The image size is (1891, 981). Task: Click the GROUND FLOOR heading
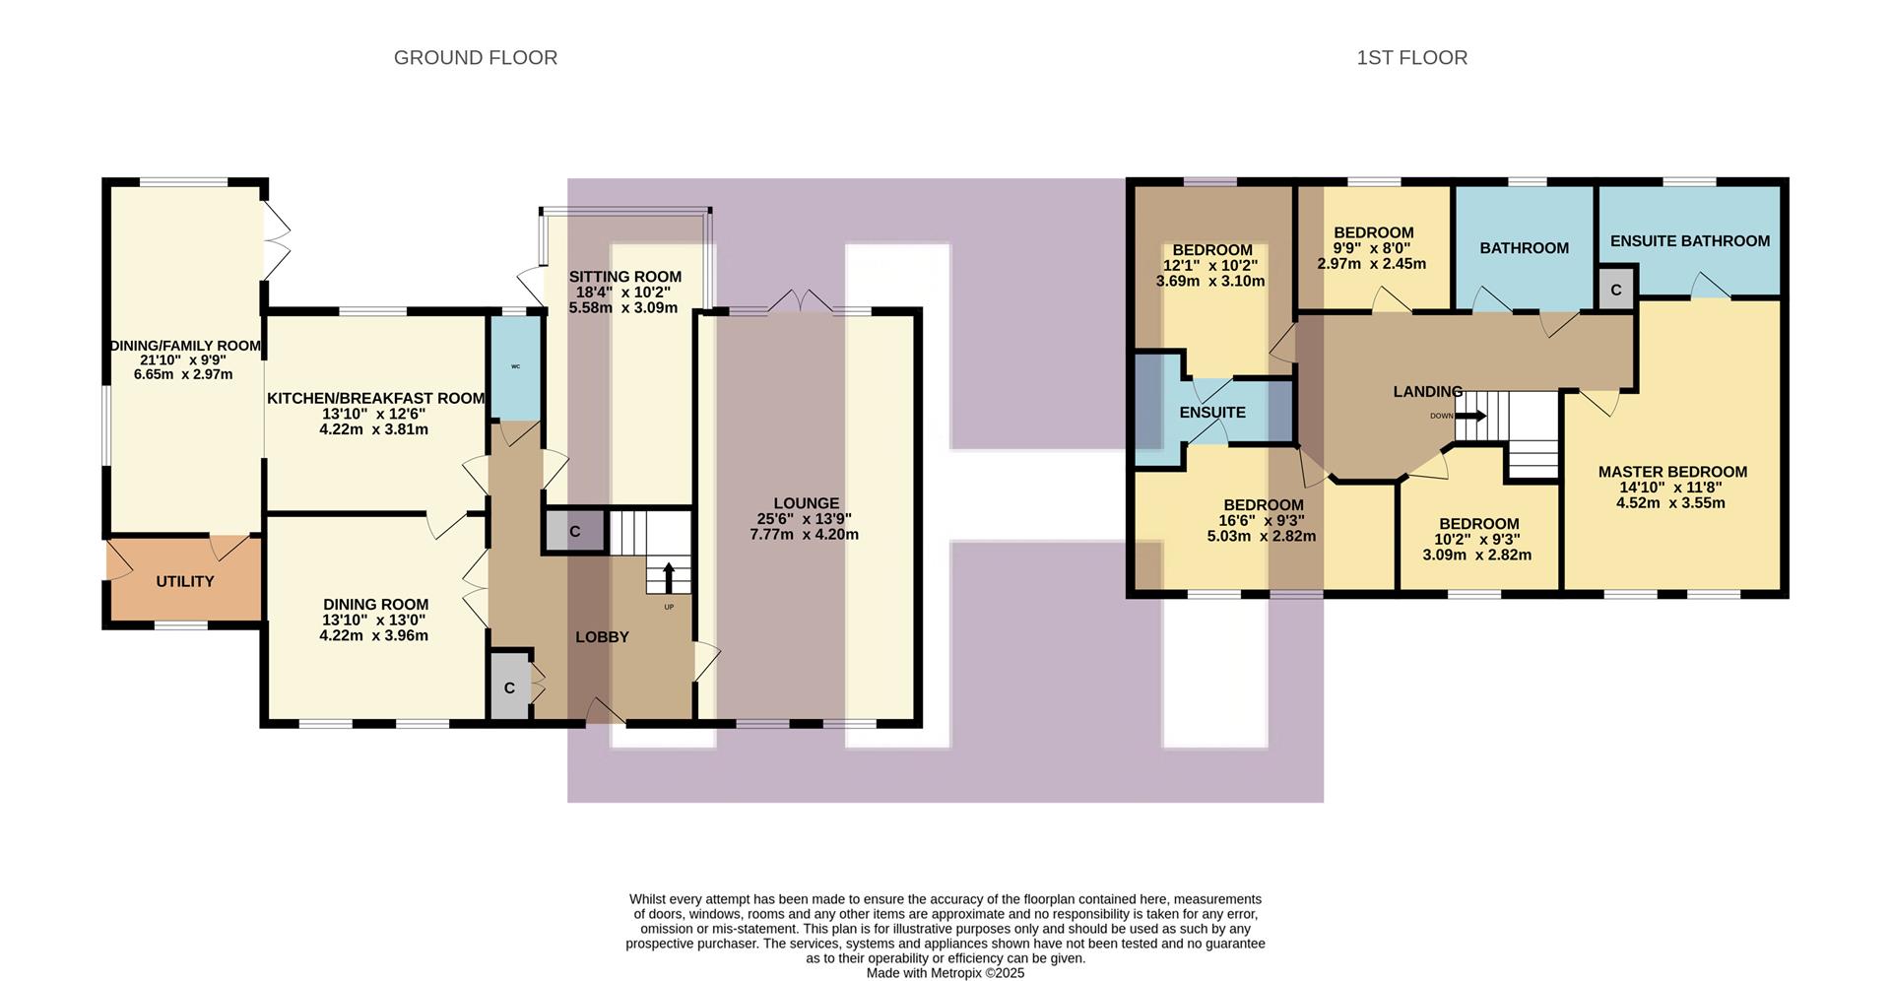point(475,58)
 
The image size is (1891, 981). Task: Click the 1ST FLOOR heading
point(1411,58)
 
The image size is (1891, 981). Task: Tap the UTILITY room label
point(184,582)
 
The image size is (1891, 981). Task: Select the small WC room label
point(515,366)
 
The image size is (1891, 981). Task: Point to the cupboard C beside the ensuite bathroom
point(1615,291)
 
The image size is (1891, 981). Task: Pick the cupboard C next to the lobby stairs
point(574,532)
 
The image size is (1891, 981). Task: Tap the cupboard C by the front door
point(509,687)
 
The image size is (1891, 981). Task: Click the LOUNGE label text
point(806,503)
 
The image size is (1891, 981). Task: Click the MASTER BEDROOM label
point(1672,472)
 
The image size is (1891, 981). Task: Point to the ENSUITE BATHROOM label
point(1689,241)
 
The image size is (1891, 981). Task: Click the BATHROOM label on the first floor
point(1524,248)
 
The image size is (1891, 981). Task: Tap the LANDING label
point(1427,392)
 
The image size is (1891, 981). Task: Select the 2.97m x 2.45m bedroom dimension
point(1371,264)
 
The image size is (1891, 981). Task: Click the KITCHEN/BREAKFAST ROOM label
point(375,399)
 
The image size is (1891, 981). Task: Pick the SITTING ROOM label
point(624,277)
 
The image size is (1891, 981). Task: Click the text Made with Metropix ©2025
point(945,973)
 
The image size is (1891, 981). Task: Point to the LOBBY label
point(602,637)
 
